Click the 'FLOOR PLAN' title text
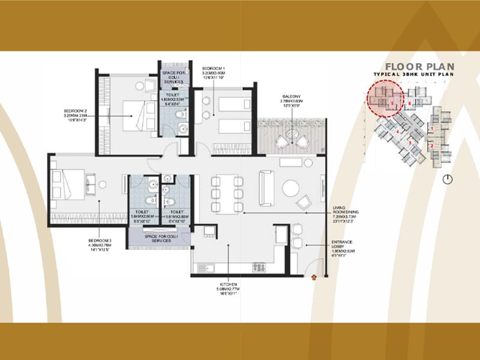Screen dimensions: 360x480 [419, 67]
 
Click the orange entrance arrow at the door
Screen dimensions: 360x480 [314, 277]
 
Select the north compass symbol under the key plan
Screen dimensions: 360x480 [448, 179]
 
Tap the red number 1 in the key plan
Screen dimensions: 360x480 [432, 128]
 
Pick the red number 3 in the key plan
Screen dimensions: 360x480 [410, 143]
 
